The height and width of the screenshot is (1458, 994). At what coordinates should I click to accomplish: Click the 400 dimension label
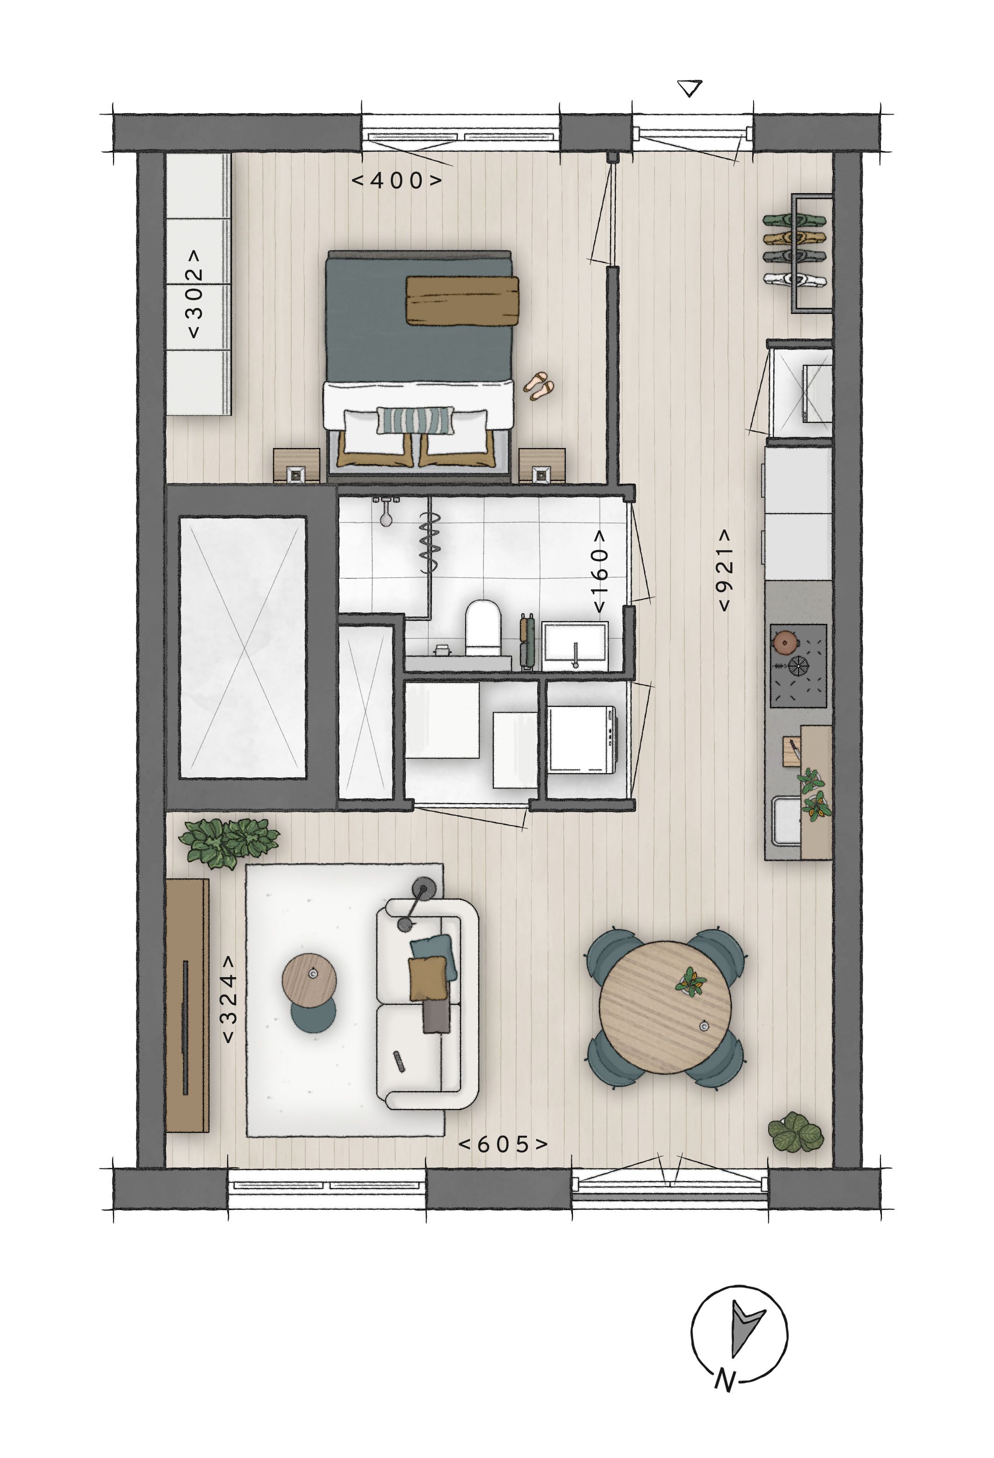click(396, 181)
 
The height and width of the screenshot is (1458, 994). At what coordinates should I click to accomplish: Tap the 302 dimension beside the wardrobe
click(195, 294)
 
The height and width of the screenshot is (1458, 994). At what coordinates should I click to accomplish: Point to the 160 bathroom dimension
click(600, 572)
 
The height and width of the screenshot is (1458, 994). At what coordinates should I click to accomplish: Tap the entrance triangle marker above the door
click(691, 88)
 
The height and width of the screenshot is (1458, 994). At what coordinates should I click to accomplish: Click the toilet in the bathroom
click(483, 627)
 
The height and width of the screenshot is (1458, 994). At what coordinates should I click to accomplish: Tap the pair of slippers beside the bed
click(539, 386)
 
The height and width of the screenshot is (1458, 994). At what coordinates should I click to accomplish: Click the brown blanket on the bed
click(462, 300)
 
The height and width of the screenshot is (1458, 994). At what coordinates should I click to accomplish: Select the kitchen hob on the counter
click(798, 665)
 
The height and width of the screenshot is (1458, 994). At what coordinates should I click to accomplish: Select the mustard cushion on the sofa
click(428, 979)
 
